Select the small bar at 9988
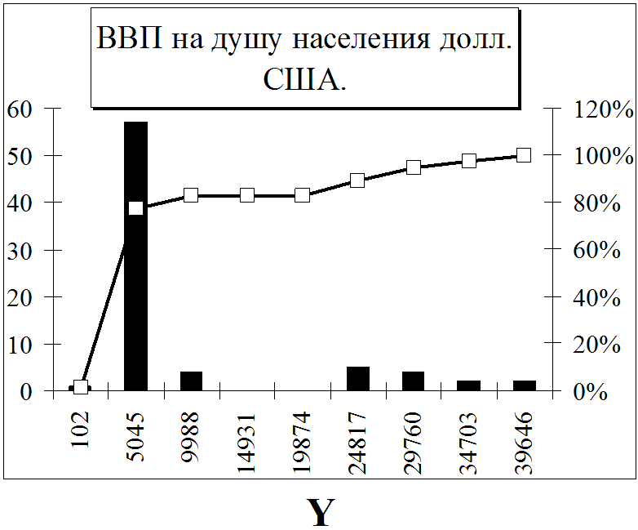click(x=191, y=381)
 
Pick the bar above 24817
click(x=357, y=379)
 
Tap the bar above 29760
click(x=413, y=381)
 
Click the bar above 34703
click(x=468, y=385)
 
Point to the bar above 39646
click(x=524, y=385)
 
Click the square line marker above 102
click(x=80, y=387)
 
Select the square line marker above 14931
click(x=246, y=195)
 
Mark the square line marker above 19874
click(x=302, y=195)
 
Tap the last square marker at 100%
click(x=524, y=154)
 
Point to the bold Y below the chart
click(x=320, y=512)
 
